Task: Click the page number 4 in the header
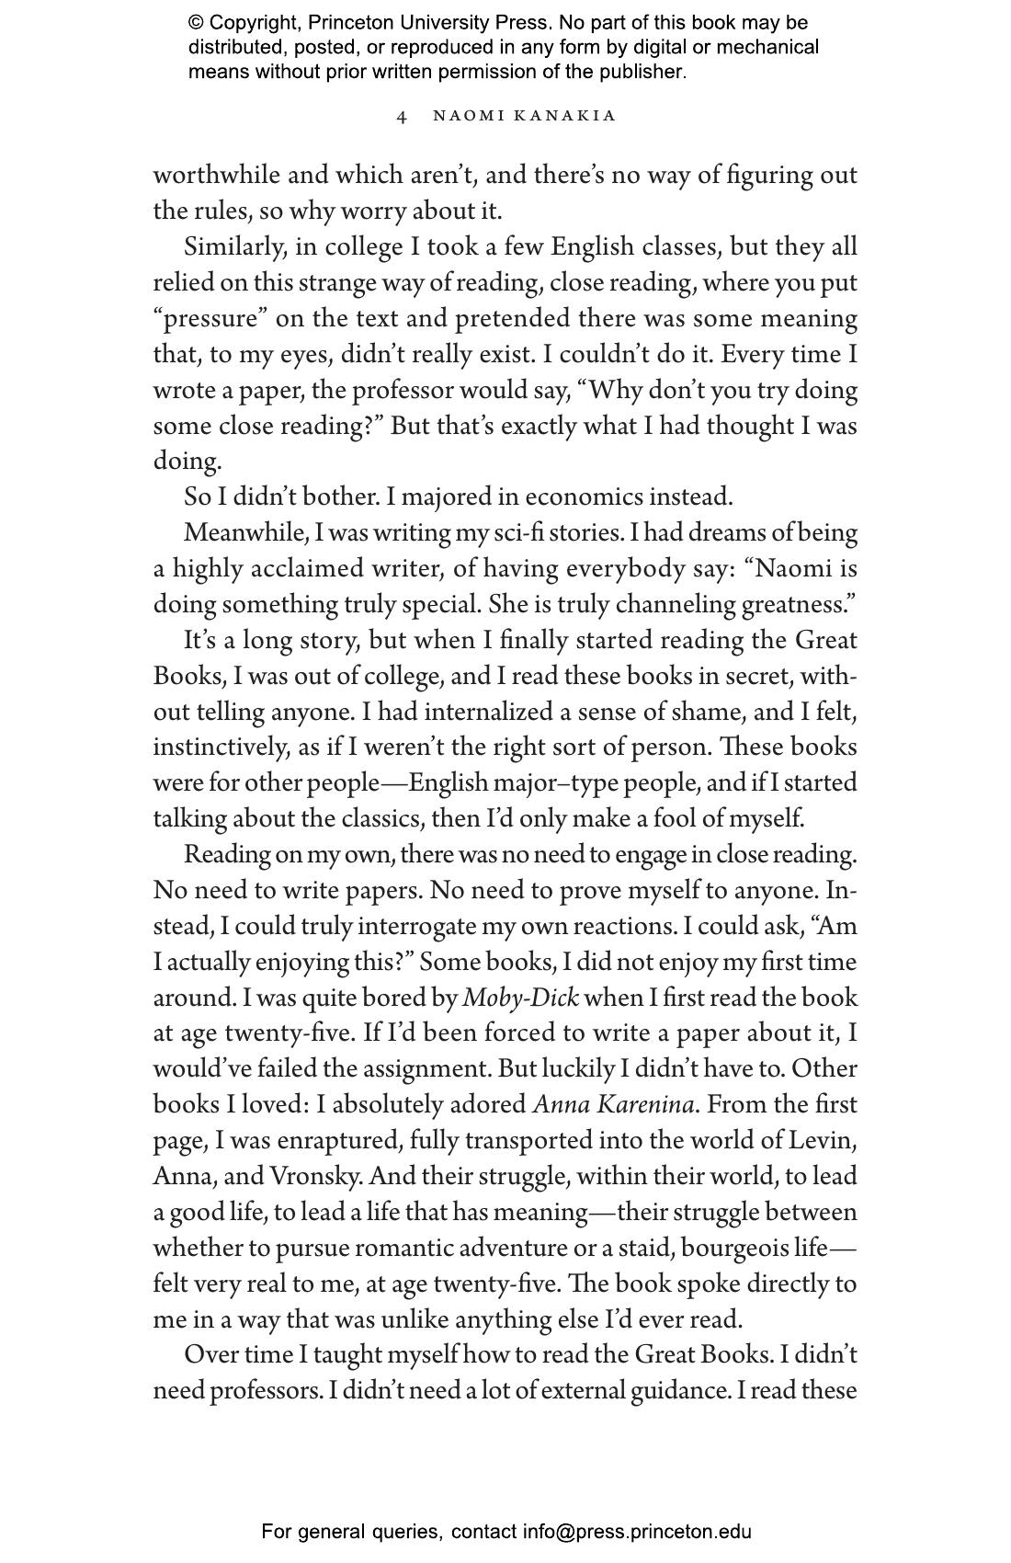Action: click(402, 117)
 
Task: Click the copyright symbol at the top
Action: click(196, 23)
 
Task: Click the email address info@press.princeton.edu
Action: click(637, 1532)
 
